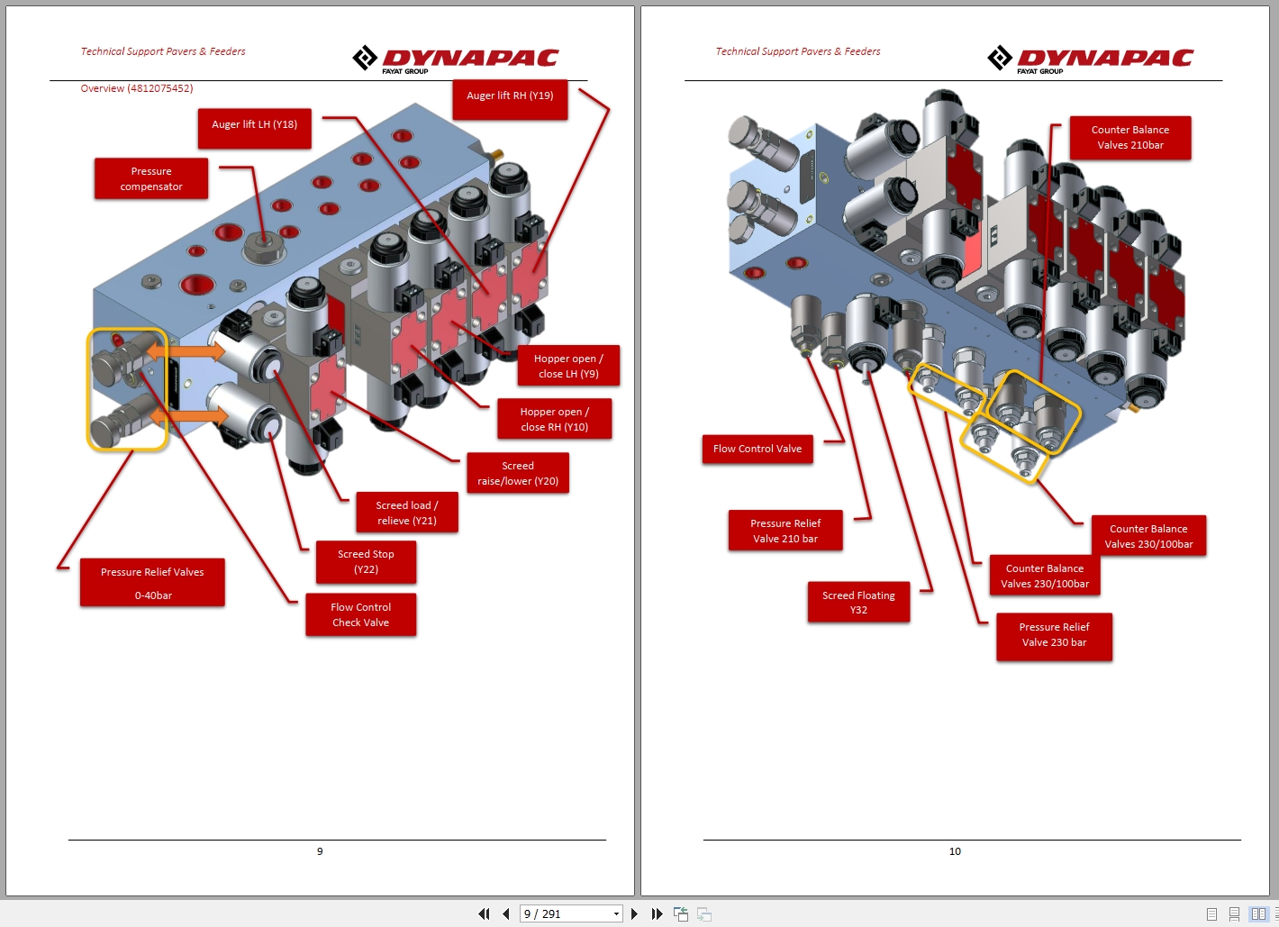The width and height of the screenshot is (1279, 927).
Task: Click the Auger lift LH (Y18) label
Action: coord(254,128)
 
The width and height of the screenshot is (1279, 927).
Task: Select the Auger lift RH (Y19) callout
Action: coord(510,99)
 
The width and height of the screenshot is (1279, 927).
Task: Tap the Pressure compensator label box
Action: coord(151,178)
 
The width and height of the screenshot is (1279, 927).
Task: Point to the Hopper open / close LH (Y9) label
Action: coord(568,366)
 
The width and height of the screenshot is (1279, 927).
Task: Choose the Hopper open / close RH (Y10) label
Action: coord(554,419)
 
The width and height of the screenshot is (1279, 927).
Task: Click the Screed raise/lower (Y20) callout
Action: coord(518,473)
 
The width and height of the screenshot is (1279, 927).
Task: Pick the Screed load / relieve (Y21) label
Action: coord(406,513)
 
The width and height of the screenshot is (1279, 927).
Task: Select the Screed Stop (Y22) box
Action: coord(366,561)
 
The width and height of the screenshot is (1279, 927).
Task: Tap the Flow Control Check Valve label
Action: coord(360,614)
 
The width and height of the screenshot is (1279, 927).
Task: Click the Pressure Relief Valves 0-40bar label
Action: coord(152,583)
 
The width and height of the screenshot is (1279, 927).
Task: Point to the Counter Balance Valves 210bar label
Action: coord(1129,137)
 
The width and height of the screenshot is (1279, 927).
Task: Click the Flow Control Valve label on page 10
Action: coord(757,449)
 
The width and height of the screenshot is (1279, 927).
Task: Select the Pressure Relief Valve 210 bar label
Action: coord(785,531)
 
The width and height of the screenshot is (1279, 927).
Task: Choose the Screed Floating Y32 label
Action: coord(858,602)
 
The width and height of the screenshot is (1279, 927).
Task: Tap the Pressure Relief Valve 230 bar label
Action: coord(1054,635)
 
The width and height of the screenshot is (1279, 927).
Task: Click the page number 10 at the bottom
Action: coord(955,851)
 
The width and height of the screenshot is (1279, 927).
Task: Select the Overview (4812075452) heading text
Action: coord(137,88)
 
